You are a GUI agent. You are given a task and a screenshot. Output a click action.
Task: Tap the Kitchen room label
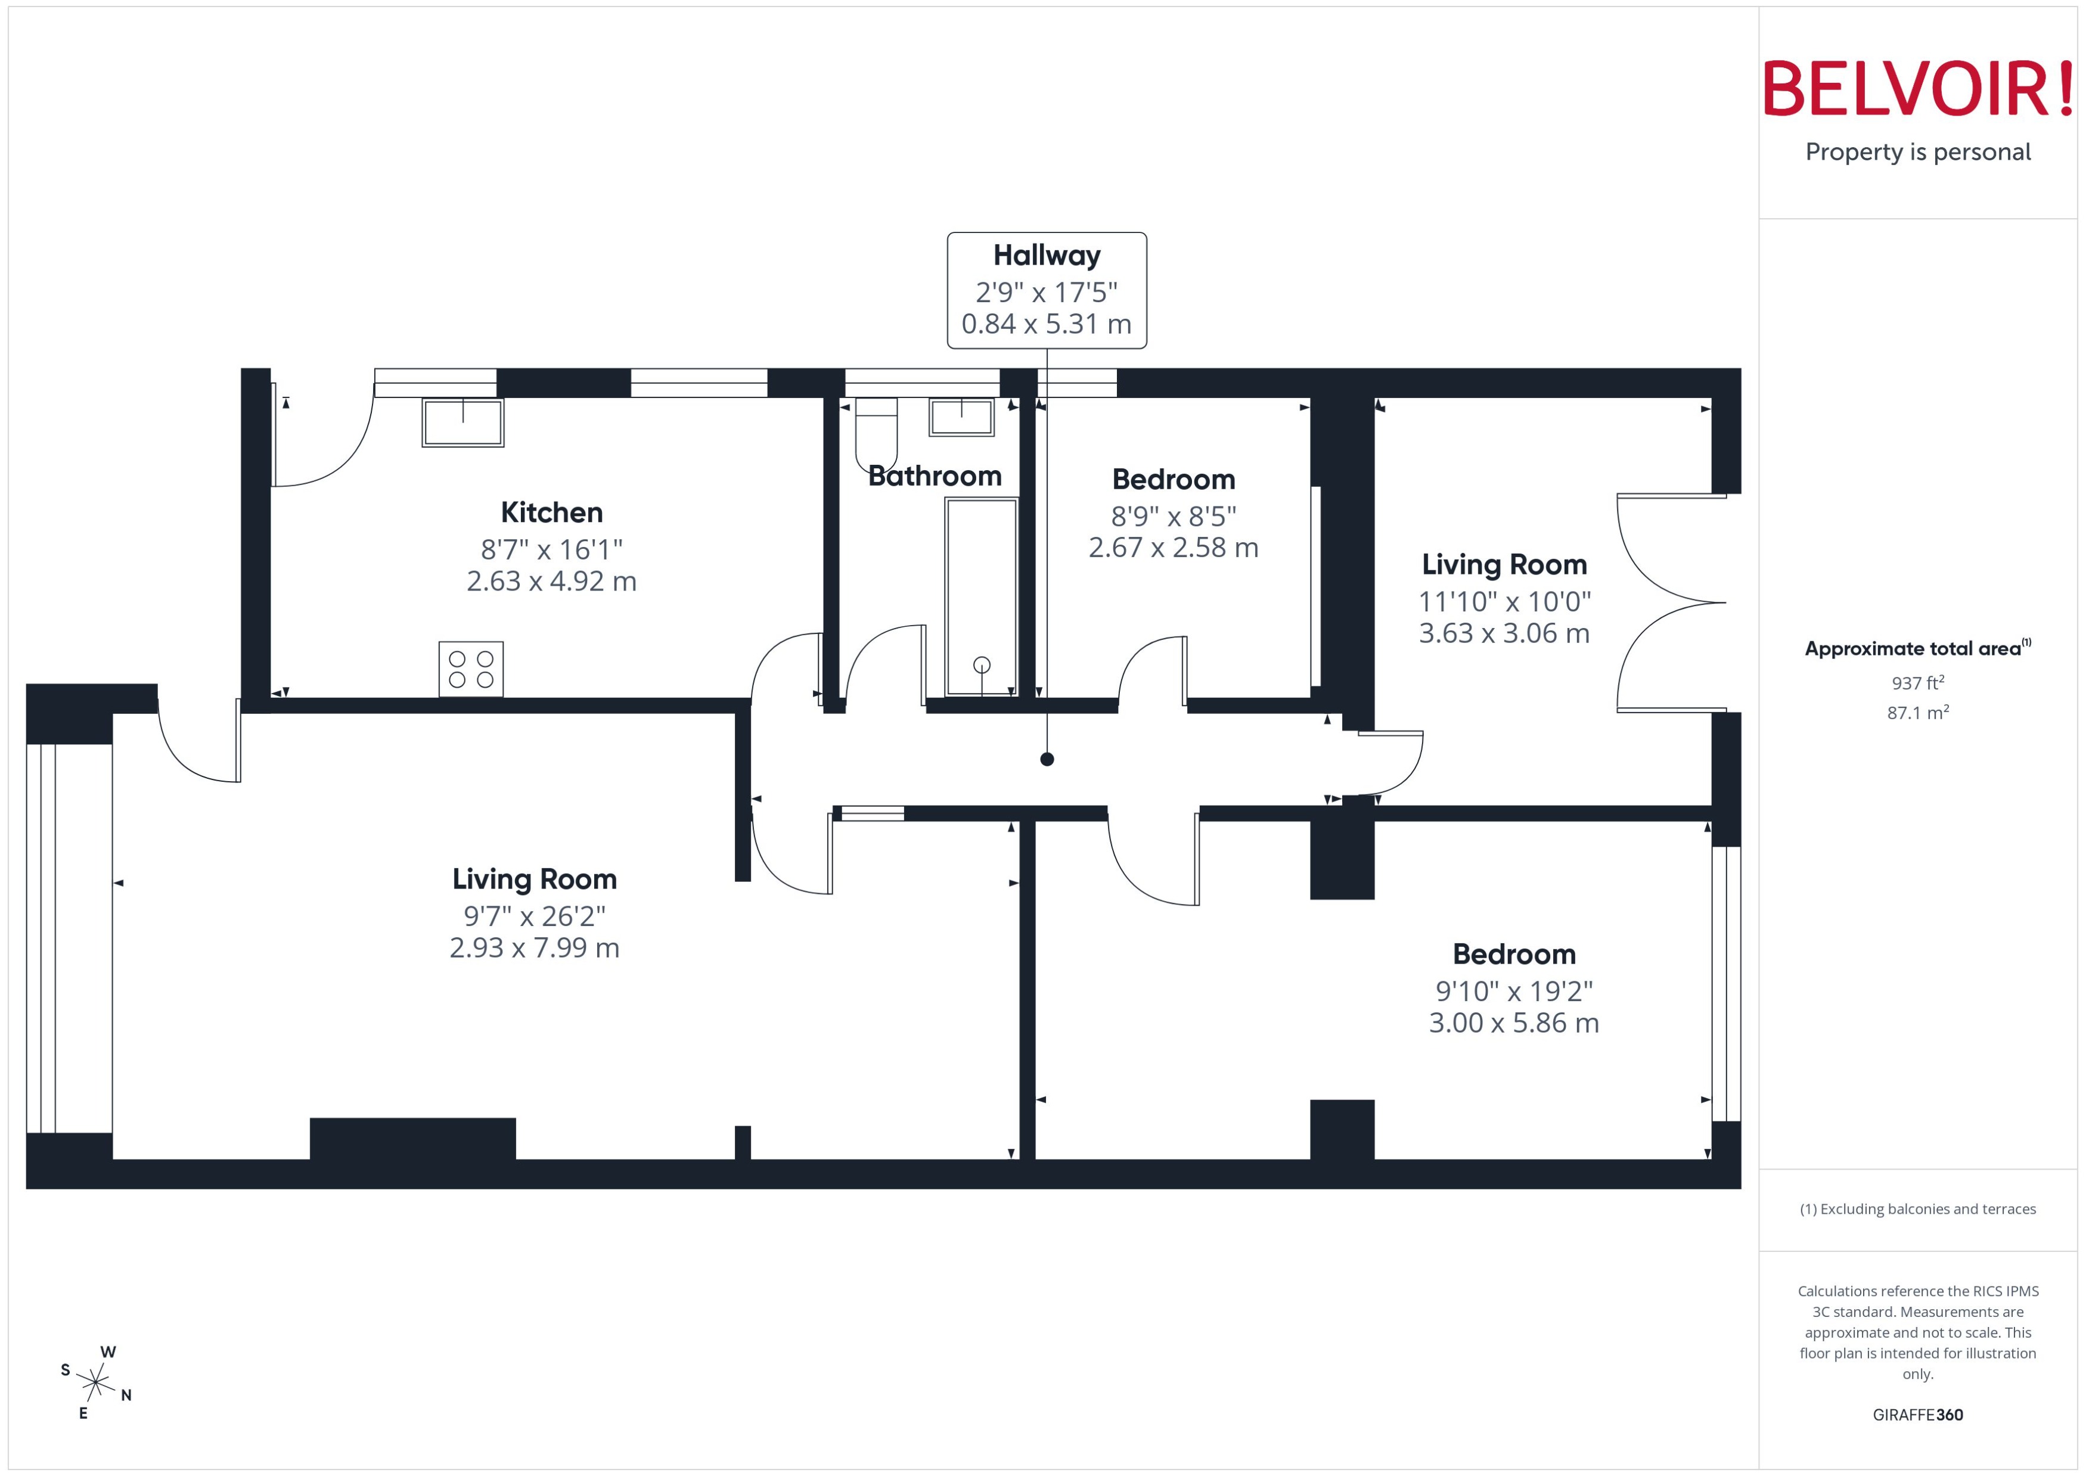(x=552, y=512)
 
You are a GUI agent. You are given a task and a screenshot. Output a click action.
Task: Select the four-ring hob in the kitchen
(x=471, y=669)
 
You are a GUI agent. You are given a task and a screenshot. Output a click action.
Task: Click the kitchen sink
(x=462, y=422)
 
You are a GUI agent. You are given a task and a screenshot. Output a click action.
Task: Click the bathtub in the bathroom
(x=981, y=596)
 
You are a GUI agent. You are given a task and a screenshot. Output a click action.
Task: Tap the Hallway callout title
(x=1046, y=256)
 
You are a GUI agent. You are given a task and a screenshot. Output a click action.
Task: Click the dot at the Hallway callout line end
(x=1047, y=759)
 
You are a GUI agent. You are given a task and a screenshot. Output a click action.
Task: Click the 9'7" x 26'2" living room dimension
(x=535, y=916)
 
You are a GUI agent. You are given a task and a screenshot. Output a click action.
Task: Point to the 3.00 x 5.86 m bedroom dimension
(x=1513, y=1023)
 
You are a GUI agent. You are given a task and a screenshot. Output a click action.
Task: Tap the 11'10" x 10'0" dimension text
(x=1504, y=602)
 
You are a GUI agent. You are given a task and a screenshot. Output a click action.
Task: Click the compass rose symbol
(x=95, y=1383)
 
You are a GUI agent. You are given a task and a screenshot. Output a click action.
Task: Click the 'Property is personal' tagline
(x=1918, y=152)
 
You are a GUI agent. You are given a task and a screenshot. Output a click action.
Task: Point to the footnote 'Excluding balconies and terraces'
(x=1918, y=1209)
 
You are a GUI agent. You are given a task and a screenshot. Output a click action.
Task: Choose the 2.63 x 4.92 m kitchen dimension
(x=552, y=582)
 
